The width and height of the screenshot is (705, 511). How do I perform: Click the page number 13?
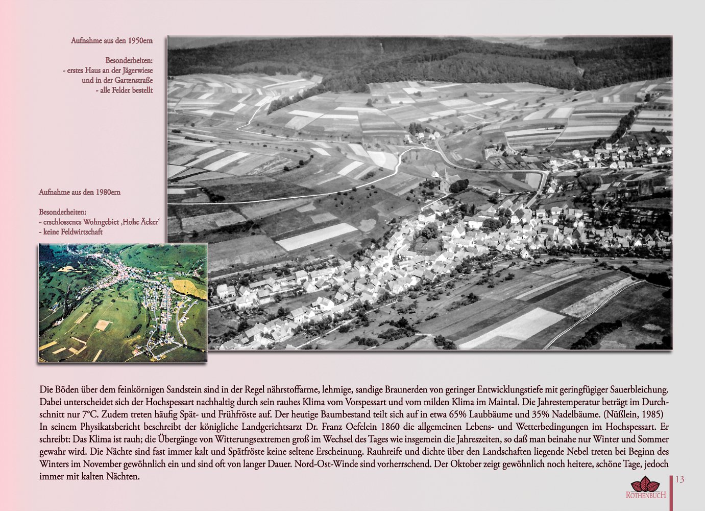tap(679, 480)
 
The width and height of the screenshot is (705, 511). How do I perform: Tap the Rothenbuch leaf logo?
tap(645, 484)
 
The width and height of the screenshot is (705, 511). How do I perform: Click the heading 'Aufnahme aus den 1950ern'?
tap(112, 40)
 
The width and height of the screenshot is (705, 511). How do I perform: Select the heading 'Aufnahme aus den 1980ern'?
tap(80, 192)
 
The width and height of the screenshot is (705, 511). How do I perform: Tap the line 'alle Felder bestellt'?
tap(126, 90)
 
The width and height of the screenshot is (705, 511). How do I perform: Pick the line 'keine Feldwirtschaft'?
tap(72, 232)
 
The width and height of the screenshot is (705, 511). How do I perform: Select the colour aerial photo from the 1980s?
tap(123, 303)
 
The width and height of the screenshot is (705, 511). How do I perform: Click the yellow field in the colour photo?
tap(190, 287)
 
